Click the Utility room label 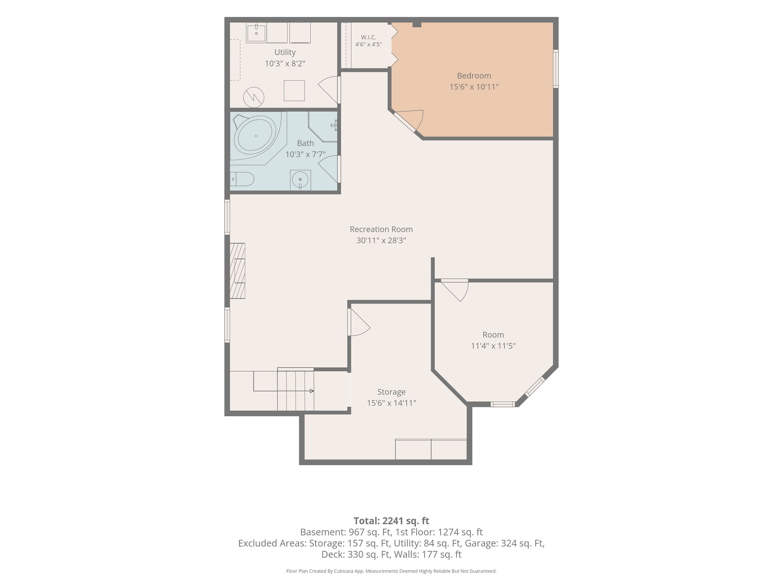point(285,52)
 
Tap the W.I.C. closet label point(368,37)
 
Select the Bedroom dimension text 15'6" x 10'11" point(474,87)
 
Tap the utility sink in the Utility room point(256,33)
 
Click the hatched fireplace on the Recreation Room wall point(238,271)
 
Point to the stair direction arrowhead point(312,391)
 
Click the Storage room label point(391,392)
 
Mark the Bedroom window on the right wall point(556,69)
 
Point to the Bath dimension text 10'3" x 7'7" point(305,154)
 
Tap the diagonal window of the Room point(534,387)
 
